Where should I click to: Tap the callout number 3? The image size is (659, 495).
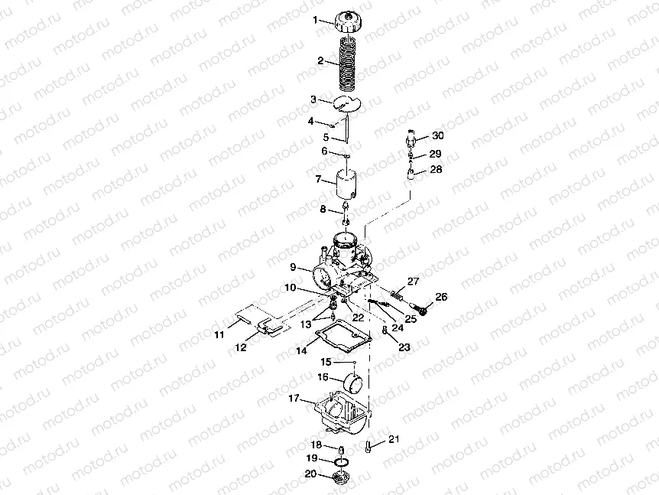coord(313,99)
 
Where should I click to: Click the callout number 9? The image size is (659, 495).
coord(293,268)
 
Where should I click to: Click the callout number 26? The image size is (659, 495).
coord(441,296)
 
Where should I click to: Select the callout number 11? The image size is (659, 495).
coord(219,335)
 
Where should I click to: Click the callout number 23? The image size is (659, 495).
coord(403,347)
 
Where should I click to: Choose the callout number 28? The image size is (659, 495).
coord(435,171)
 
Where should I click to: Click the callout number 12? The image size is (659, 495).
coord(241,347)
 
